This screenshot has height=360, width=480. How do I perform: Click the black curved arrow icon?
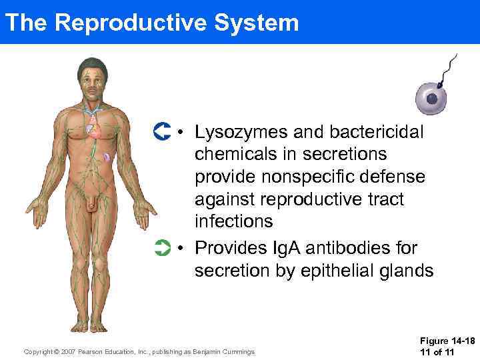(x=162, y=131)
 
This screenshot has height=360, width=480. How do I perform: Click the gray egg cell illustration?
(x=435, y=98)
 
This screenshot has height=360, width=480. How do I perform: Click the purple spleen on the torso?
(x=107, y=158)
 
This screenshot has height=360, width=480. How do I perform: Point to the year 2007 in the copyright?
(x=67, y=352)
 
